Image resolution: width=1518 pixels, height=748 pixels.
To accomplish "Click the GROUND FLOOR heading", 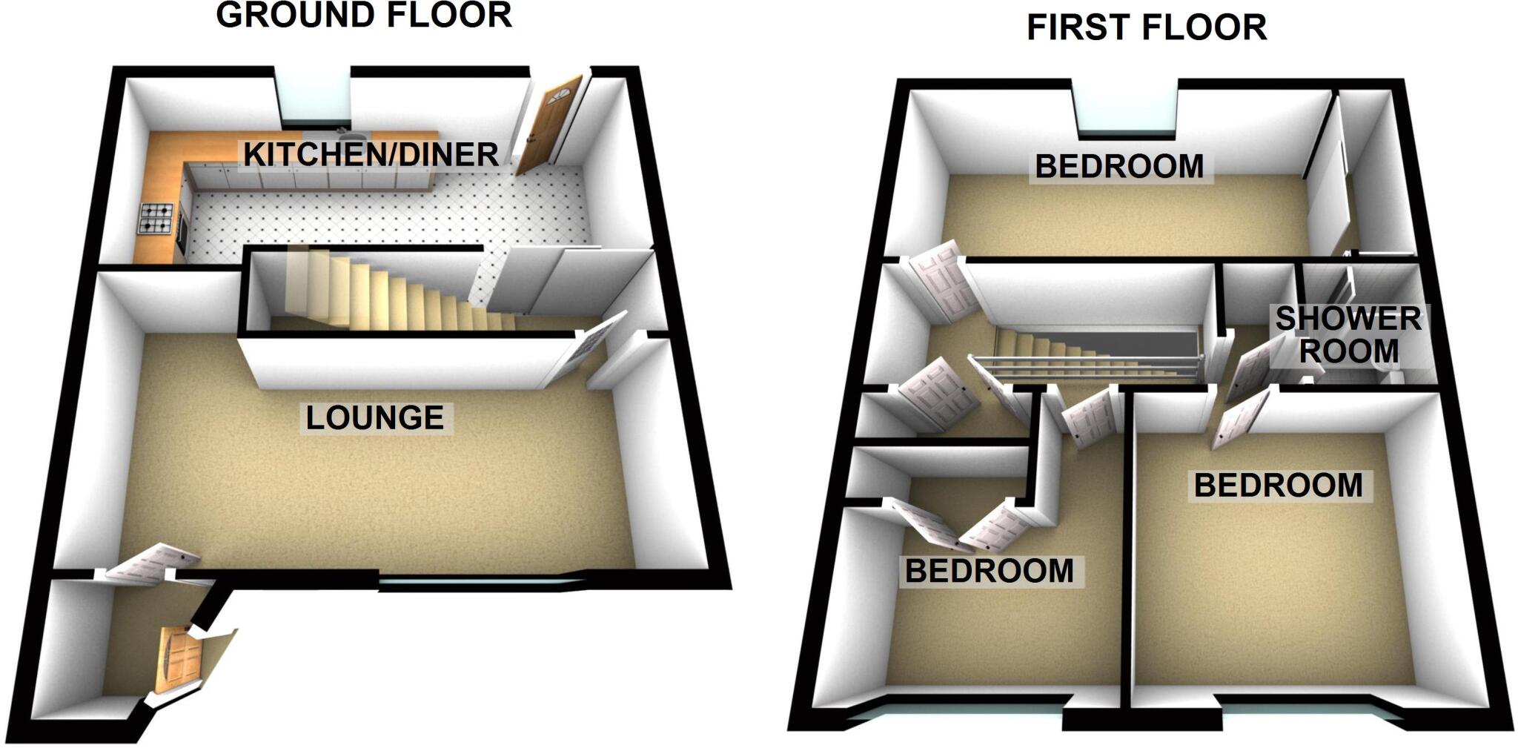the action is click(x=364, y=15).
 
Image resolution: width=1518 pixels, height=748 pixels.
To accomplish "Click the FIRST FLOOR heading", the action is click(x=1147, y=28).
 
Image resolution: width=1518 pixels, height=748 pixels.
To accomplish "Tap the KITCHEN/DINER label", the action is click(x=371, y=154).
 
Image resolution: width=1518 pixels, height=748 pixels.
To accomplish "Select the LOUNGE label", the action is click(x=375, y=418).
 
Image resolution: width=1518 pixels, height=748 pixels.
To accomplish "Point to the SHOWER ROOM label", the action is click(x=1348, y=334).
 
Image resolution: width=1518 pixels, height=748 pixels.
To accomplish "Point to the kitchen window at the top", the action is click(x=314, y=96).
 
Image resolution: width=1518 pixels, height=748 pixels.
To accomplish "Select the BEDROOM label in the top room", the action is click(x=1119, y=166).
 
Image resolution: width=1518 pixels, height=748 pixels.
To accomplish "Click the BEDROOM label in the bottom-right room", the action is click(x=1279, y=486).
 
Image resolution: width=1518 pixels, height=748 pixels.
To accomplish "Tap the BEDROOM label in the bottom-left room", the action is click(x=990, y=571).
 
